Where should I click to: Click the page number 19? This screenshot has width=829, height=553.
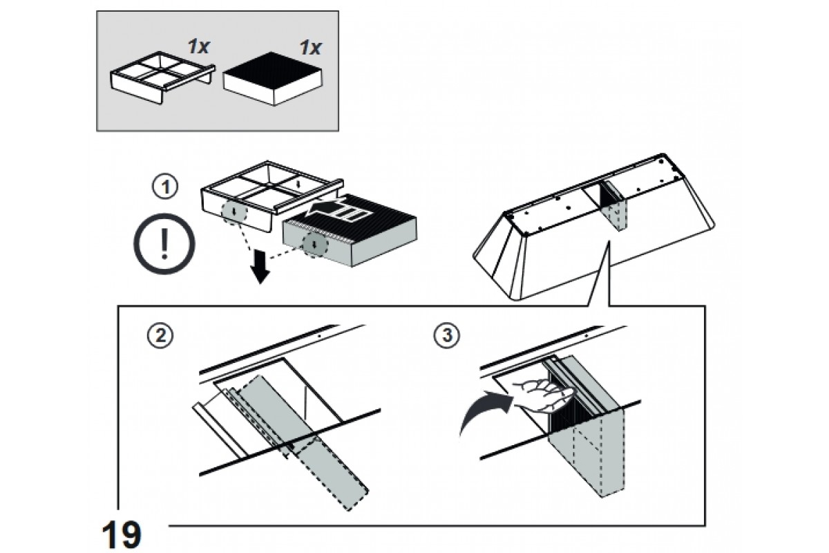pyautogui.click(x=122, y=534)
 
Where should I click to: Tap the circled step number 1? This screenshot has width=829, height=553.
pyautogui.click(x=165, y=187)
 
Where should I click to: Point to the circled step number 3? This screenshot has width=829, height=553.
pyautogui.click(x=447, y=335)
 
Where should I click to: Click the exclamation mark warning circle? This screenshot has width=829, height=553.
pyautogui.click(x=164, y=244)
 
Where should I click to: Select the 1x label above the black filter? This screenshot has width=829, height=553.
pyautogui.click(x=310, y=48)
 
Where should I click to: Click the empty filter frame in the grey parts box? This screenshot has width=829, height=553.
pyautogui.click(x=163, y=77)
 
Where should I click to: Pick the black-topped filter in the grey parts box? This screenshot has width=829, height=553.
pyautogui.click(x=273, y=79)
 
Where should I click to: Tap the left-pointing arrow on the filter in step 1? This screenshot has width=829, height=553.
pyautogui.click(x=339, y=210)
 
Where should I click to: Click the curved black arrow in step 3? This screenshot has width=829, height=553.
pyautogui.click(x=486, y=411)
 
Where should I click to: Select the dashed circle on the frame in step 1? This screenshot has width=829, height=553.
pyautogui.click(x=234, y=214)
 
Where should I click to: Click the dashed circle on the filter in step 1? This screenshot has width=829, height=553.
pyautogui.click(x=315, y=245)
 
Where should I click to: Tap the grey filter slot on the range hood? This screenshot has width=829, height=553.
pyautogui.click(x=612, y=205)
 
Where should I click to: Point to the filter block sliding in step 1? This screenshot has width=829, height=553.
pyautogui.click(x=350, y=229)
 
